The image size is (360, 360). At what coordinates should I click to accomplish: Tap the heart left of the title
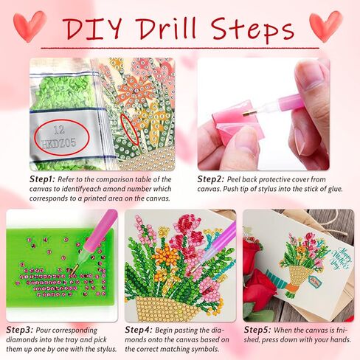(30, 25)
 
